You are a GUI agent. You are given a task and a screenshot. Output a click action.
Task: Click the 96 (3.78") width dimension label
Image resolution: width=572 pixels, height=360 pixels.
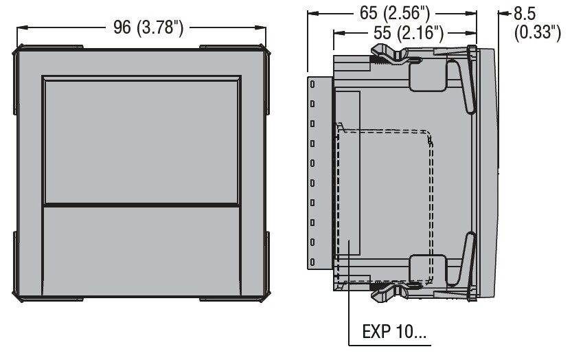pos(148,27)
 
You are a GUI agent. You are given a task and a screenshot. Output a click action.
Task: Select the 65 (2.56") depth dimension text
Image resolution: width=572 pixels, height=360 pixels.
pos(395,13)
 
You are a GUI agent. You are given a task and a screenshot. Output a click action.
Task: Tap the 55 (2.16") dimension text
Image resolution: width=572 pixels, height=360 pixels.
pos(409,33)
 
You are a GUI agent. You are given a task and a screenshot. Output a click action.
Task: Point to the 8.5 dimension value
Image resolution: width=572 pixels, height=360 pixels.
pos(524,14)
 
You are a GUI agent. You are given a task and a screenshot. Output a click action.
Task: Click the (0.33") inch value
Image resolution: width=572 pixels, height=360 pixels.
pos(537,32)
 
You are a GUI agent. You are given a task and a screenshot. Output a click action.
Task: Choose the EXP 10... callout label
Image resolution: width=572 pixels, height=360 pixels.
pos(394,332)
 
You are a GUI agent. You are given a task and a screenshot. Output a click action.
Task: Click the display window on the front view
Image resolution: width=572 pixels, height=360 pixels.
pos(141,142)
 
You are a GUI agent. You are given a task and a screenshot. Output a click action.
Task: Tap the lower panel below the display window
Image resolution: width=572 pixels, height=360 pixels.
pos(141,251)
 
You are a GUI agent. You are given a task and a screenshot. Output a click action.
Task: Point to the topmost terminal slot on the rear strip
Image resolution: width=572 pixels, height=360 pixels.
pos(312,85)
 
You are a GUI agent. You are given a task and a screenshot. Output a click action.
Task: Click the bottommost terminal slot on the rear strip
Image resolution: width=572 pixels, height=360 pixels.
pos(312,262)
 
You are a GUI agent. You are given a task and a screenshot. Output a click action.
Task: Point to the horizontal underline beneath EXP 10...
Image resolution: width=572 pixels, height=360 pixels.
pos(389,345)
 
